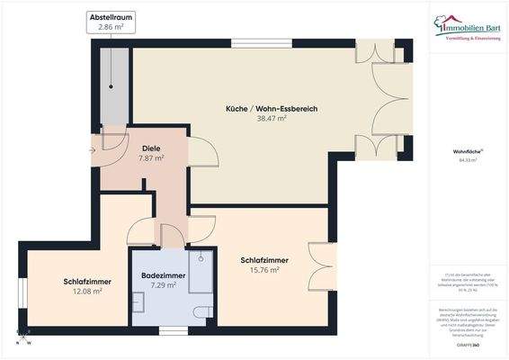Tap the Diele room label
pyautogui.click(x=150, y=148)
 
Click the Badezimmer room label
pyautogui.click(x=164, y=274)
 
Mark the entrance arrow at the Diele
pyautogui.click(x=94, y=149)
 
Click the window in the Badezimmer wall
pyautogui.click(x=174, y=330)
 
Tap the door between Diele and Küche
pyautogui.click(x=200, y=150)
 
